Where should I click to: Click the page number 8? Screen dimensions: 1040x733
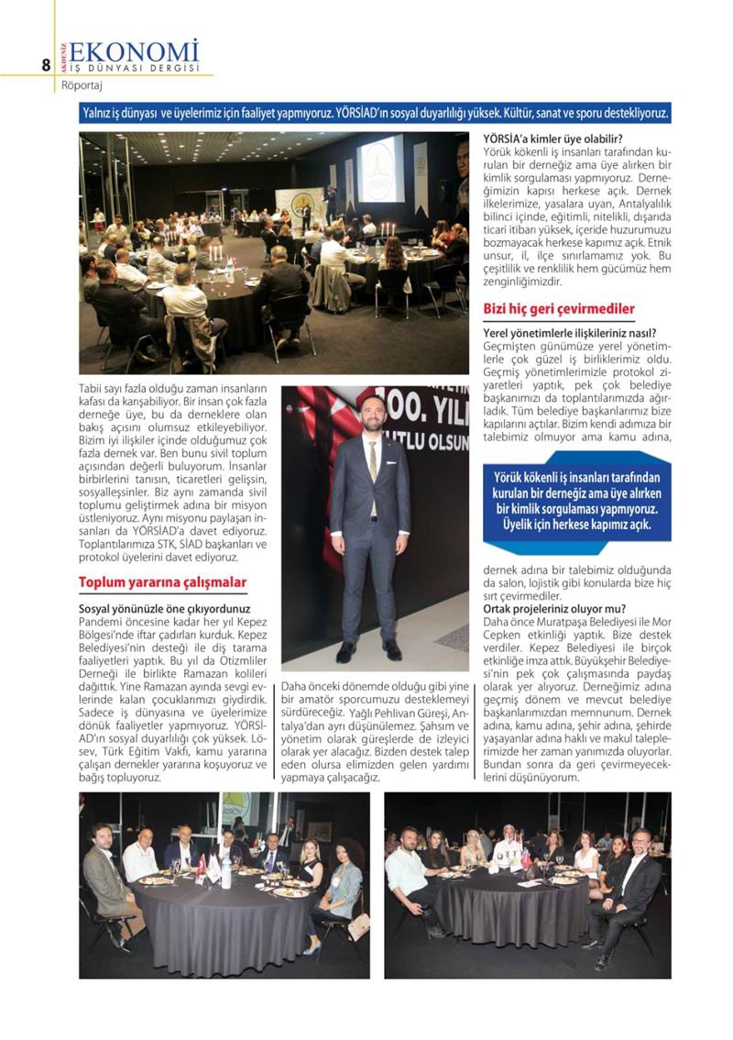pos(45,64)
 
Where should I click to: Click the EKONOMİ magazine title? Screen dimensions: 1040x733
pos(134,50)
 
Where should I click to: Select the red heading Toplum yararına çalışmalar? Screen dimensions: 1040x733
pos(162,582)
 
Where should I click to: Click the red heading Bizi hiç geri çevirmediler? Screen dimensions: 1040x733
pos(559,309)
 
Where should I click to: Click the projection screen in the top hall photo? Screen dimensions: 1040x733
pos(380,168)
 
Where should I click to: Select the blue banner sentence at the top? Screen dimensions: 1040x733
pos(376,114)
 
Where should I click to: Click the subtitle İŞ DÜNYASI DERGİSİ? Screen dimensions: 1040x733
pos(135,69)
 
